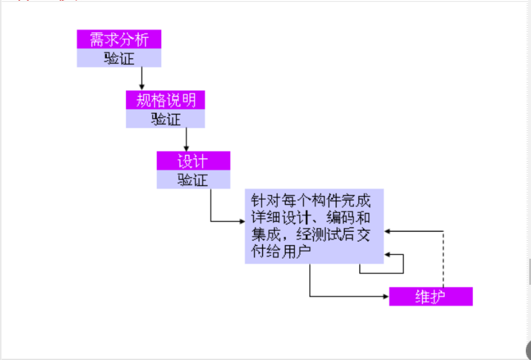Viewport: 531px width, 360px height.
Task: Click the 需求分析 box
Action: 119,39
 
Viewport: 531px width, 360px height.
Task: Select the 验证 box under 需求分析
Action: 119,58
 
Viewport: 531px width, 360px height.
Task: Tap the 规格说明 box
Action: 166,100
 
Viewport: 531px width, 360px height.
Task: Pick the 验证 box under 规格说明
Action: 166,119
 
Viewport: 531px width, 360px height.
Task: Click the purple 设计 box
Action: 193,160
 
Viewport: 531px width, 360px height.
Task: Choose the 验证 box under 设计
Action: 193,179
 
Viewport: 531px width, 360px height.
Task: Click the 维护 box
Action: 430,296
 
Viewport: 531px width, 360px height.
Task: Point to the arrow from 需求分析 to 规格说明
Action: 142,79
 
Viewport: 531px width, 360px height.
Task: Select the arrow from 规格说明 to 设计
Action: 186,139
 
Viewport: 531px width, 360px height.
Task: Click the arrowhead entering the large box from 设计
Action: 241,221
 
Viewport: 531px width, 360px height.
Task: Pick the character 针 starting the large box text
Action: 257,201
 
